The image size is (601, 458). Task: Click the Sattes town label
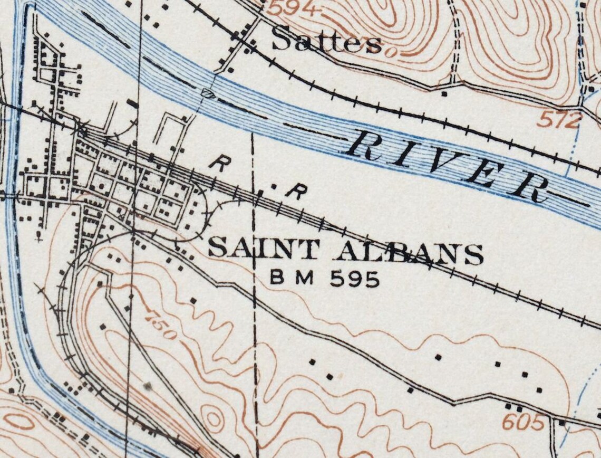[x=326, y=41]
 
